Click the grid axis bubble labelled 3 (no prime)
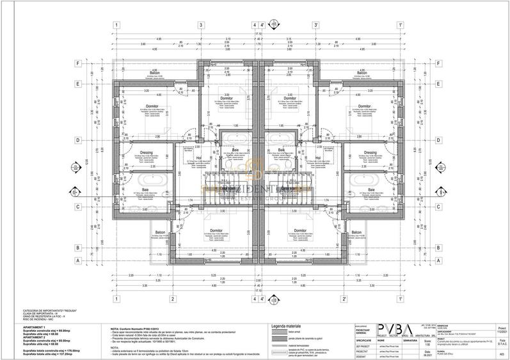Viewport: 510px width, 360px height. point(201,26)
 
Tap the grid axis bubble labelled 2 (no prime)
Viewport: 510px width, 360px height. point(172,299)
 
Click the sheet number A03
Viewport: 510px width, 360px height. point(501,353)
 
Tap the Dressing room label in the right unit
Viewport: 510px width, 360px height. point(370,152)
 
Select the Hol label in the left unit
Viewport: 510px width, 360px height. point(199,157)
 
